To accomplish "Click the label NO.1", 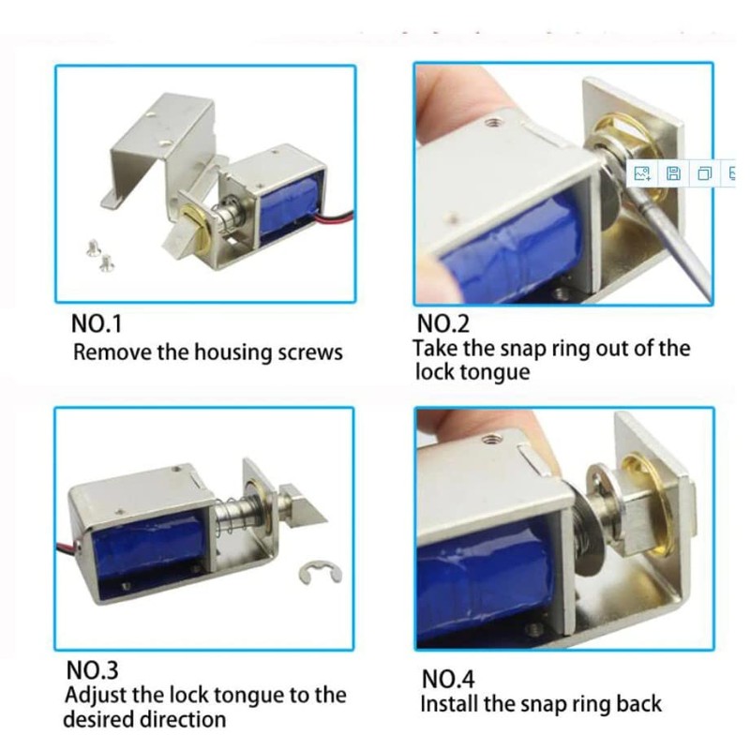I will [x=97, y=324].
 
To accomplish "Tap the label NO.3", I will [x=91, y=671].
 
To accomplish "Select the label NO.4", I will [x=448, y=678].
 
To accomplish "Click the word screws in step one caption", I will [x=310, y=353].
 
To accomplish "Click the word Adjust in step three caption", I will [x=93, y=697].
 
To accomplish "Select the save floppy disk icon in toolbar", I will [x=673, y=173].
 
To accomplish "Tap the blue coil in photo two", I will [x=511, y=248].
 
